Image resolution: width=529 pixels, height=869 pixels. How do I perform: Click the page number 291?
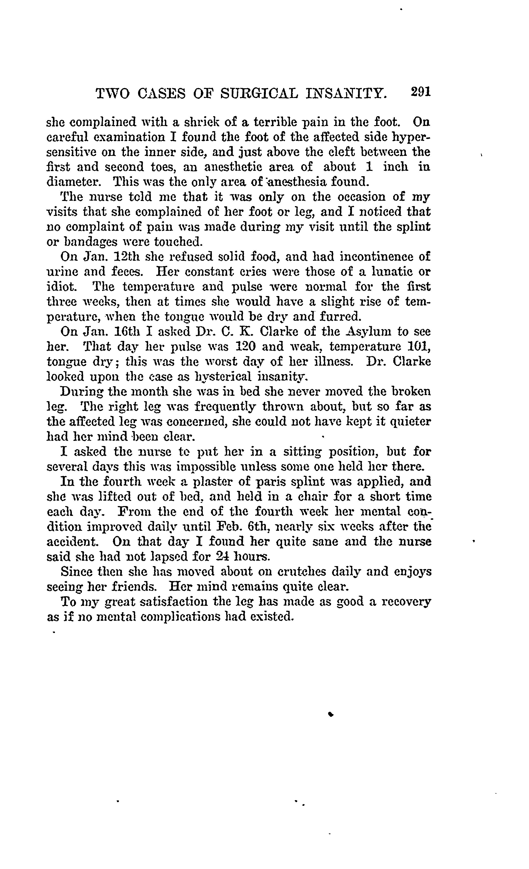421,92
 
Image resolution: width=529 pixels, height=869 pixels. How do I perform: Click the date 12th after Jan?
127,256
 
